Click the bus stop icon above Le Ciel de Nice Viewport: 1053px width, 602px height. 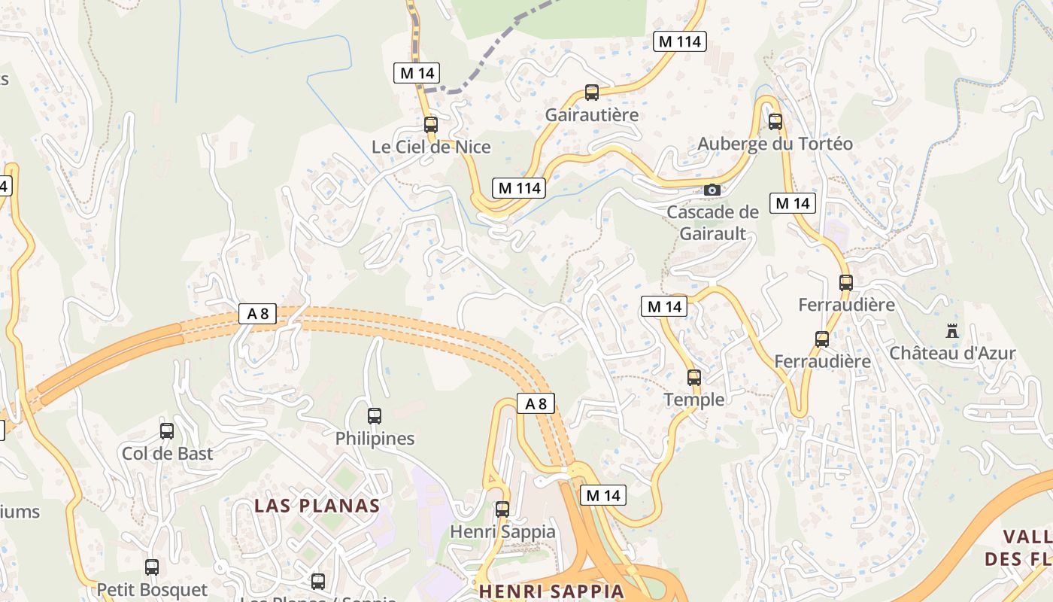pos(431,125)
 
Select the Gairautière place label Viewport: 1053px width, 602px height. pos(592,115)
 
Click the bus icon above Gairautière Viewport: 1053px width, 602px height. pos(592,93)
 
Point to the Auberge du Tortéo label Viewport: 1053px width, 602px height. pos(775,144)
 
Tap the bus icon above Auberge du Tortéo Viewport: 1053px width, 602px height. pos(775,121)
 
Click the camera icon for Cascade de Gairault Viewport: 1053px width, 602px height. pos(712,190)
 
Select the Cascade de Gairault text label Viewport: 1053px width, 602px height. pos(713,223)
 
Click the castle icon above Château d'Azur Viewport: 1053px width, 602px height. pos(952,330)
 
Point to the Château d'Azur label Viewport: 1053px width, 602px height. pos(952,353)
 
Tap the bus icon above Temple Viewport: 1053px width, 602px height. pos(694,377)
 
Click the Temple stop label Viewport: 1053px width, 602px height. pos(694,400)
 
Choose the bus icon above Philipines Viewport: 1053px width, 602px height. pos(375,415)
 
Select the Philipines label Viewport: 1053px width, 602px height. pos(375,438)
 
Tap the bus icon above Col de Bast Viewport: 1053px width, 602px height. pos(167,431)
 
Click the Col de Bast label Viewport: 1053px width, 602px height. pos(168,454)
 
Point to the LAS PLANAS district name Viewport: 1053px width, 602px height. pos(317,505)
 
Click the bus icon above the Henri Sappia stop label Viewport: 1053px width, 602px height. pos(502,509)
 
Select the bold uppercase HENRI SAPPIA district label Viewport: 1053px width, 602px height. pos(551,591)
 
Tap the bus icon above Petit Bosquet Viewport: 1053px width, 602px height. pos(152,567)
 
